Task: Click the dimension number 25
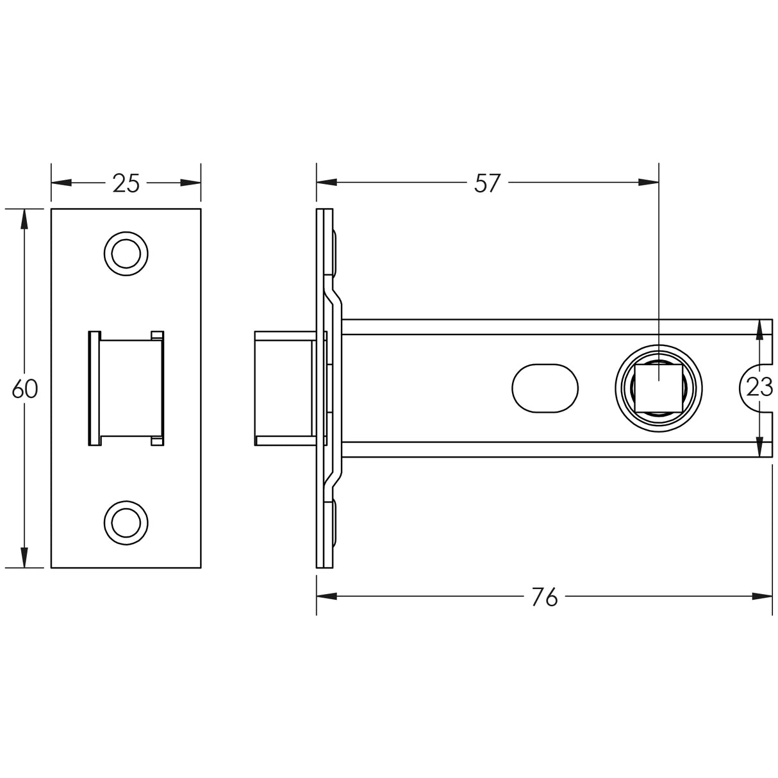pyautogui.click(x=126, y=183)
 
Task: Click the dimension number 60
pyautogui.click(x=25, y=389)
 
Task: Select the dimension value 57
pyautogui.click(x=487, y=183)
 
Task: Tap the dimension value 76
pyautogui.click(x=545, y=597)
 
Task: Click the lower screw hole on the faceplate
pyautogui.click(x=126, y=523)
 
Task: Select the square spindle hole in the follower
pyautogui.click(x=658, y=388)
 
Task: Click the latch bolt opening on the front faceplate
pyautogui.click(x=126, y=388)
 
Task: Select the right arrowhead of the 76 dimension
pyautogui.click(x=762, y=597)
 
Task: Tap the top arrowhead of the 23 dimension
pyautogui.click(x=760, y=329)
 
